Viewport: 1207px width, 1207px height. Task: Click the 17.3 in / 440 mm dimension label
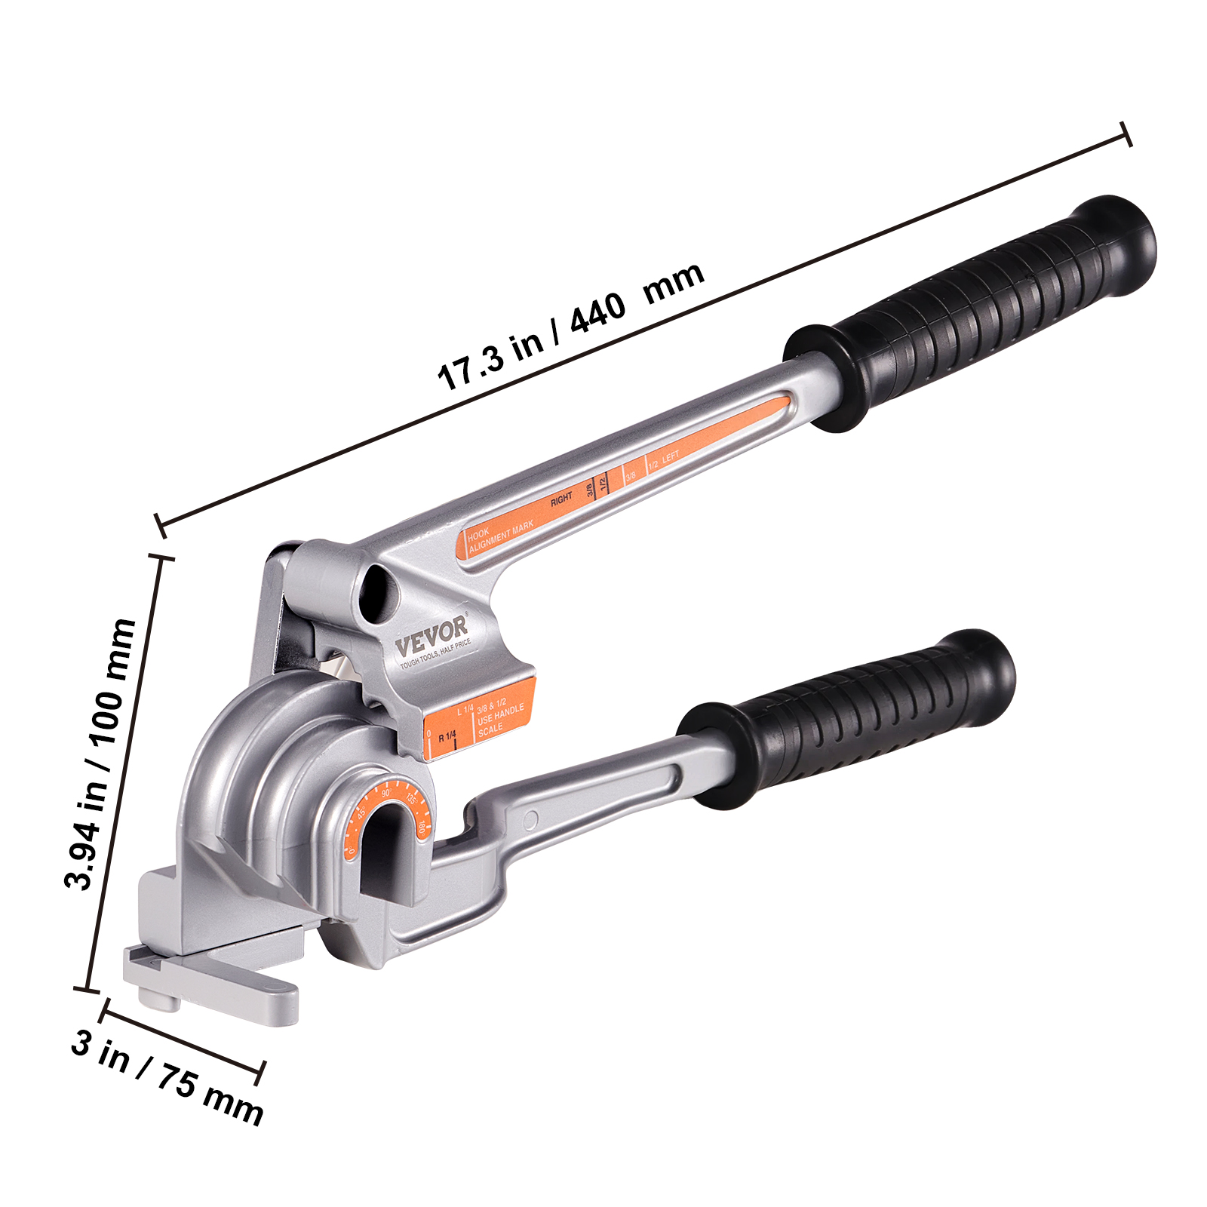point(571,326)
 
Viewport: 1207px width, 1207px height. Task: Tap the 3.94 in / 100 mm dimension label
point(100,754)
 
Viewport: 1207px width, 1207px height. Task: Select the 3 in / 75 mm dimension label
point(167,1076)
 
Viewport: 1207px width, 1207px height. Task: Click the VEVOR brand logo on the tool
point(432,636)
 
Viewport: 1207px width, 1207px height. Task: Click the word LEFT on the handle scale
point(671,457)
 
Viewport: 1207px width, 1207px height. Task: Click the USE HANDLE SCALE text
point(500,721)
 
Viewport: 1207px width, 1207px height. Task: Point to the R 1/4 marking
point(447,736)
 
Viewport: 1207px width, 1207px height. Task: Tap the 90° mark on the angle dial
point(386,794)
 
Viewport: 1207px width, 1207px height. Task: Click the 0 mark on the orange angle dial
point(352,851)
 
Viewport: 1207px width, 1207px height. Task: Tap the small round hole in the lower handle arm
point(530,819)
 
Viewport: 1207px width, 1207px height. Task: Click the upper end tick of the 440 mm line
point(1127,134)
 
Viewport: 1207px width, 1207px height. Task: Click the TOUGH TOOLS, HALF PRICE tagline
point(435,654)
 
